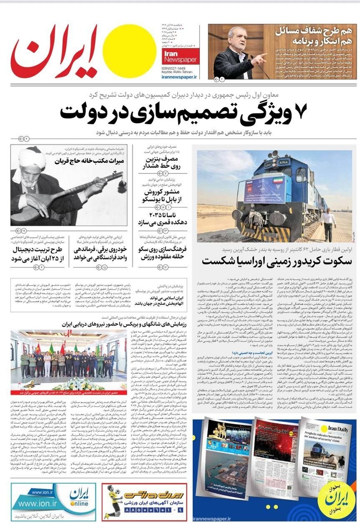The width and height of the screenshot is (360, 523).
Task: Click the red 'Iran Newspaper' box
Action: [181, 56]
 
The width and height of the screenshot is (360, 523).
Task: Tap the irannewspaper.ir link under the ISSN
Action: [181, 77]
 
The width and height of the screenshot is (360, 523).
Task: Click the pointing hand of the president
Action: [260, 58]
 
